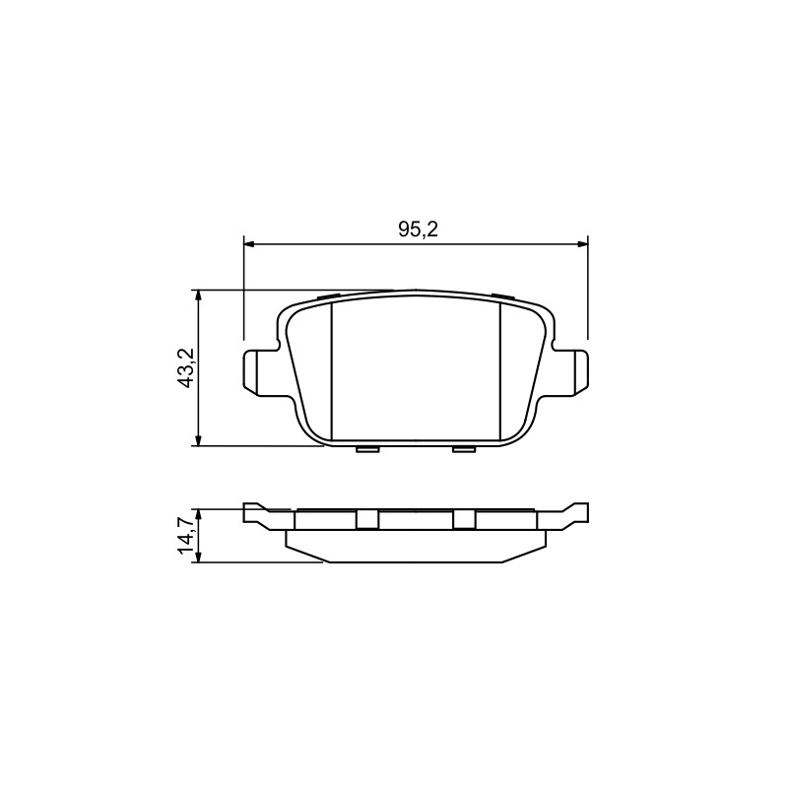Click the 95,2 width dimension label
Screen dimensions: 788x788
point(418,230)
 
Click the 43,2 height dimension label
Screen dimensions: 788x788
point(187,367)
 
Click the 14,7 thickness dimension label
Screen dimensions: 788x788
point(186,535)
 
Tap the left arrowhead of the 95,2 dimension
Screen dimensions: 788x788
point(248,244)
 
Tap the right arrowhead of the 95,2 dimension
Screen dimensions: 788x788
point(582,244)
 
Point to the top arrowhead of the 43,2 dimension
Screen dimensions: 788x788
point(199,295)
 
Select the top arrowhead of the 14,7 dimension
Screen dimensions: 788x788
point(199,514)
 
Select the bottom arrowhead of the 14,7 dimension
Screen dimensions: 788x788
point(199,557)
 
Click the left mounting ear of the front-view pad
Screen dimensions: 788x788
point(260,372)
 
